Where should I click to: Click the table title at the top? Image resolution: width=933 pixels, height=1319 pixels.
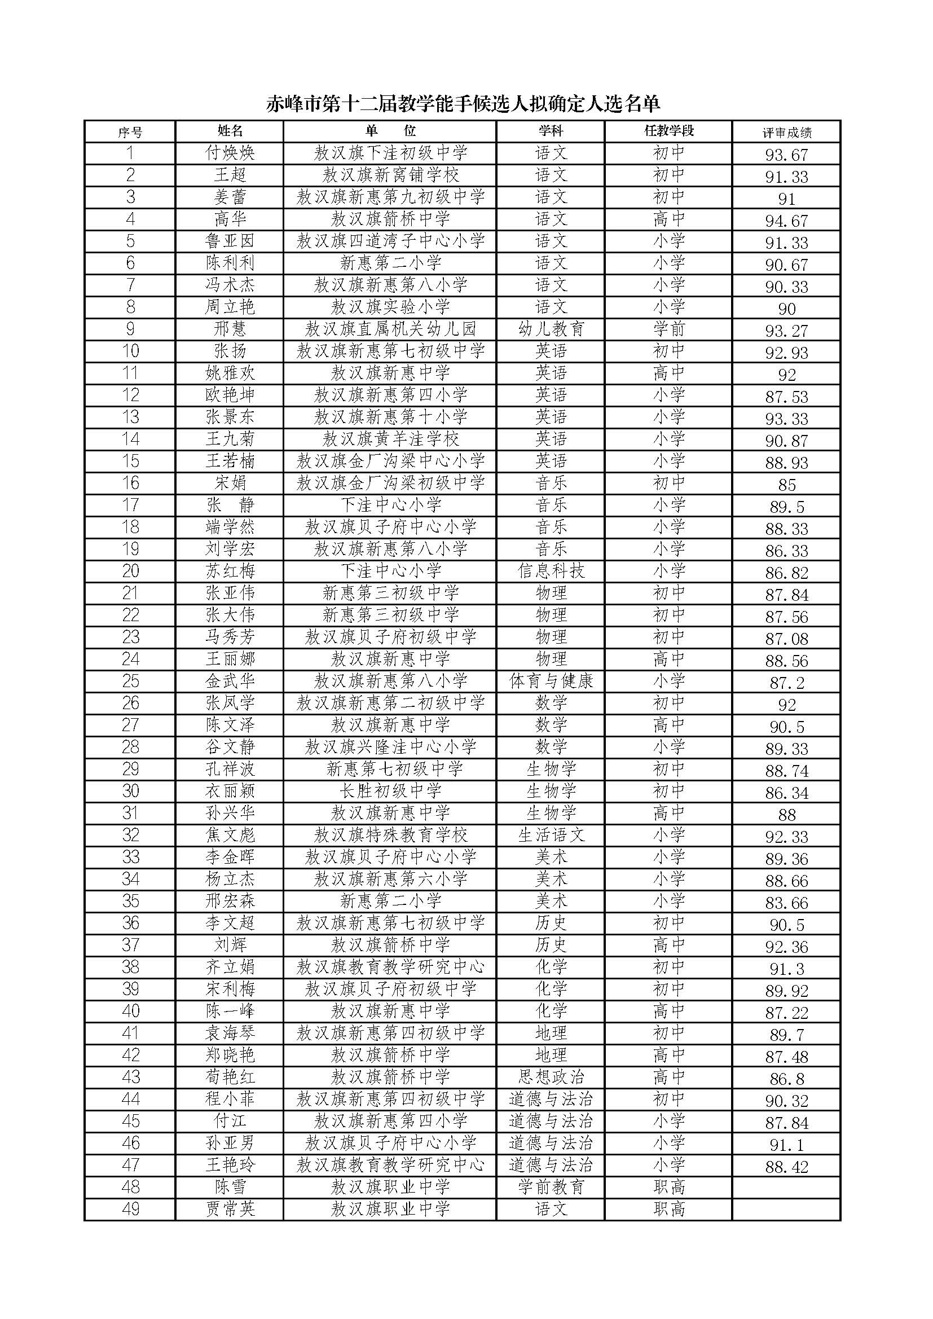(x=463, y=103)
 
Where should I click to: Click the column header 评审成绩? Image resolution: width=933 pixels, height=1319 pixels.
(x=786, y=133)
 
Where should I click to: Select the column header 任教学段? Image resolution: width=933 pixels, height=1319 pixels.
(x=669, y=131)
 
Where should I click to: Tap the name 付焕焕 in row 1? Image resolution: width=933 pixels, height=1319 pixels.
(x=230, y=153)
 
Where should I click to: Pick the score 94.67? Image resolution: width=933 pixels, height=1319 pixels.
(x=786, y=221)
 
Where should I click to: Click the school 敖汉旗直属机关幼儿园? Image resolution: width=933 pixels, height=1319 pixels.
(x=390, y=329)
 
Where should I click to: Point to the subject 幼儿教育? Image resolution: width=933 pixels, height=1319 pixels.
(x=551, y=329)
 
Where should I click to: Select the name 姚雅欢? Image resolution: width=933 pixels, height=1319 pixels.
(x=230, y=373)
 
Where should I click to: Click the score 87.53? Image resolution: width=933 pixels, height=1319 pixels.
(x=786, y=397)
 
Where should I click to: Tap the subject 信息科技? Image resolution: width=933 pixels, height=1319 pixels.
(x=551, y=571)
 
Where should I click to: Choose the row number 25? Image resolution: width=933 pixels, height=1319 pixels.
(x=130, y=682)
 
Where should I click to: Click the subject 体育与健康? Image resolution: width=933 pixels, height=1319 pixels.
(x=551, y=682)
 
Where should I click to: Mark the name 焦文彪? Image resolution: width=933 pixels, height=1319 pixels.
(x=230, y=836)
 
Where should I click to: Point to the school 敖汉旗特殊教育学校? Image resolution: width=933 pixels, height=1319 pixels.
(x=390, y=836)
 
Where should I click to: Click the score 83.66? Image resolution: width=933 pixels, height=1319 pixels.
(x=786, y=903)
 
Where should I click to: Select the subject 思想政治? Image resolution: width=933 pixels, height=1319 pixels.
(x=551, y=1077)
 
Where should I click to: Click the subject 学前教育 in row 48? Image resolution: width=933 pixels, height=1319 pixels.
(x=551, y=1188)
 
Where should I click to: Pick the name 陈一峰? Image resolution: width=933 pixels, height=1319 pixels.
(x=230, y=1011)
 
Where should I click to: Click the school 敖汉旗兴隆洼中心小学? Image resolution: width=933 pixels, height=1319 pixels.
(x=390, y=747)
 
